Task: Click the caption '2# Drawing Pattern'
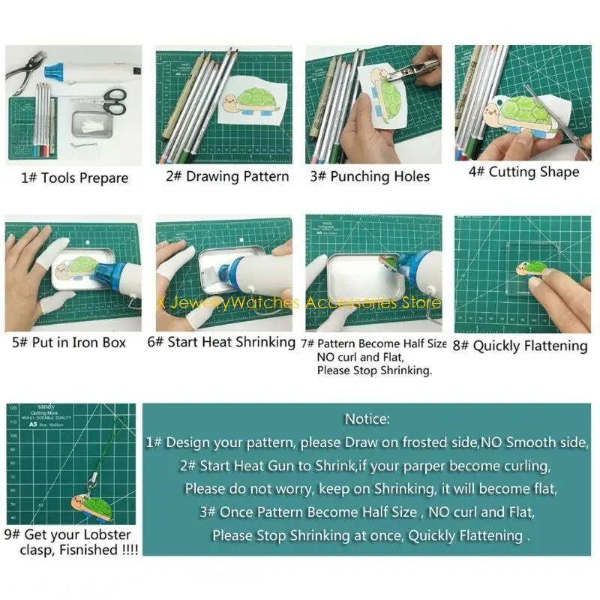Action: [227, 177]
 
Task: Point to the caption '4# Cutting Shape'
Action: [523, 172]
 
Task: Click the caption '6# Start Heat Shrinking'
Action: [221, 342]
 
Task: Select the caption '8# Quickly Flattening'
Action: [530, 346]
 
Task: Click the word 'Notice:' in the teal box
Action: [367, 418]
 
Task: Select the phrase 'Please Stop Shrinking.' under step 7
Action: [374, 370]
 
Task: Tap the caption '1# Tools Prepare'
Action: [74, 178]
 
